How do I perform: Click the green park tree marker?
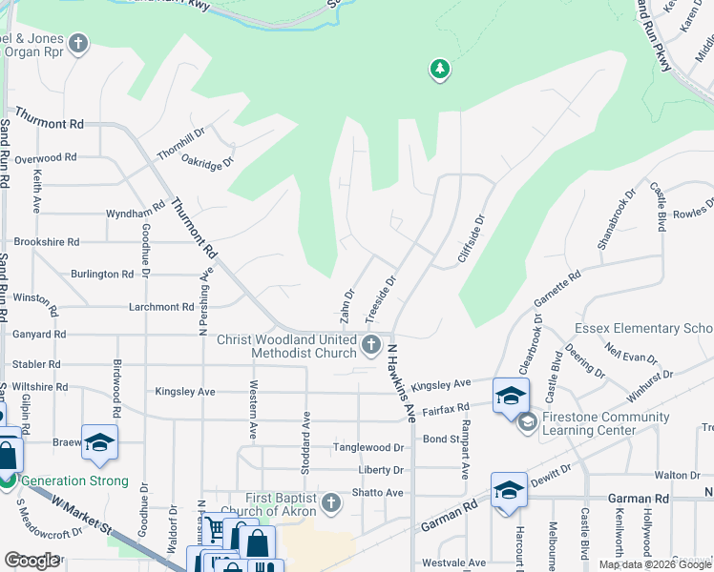pos(439,70)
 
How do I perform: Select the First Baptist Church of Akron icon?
pos(331,501)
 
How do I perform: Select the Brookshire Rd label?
pos(47,242)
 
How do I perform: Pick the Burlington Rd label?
pos(102,275)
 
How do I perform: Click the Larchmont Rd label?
pos(161,307)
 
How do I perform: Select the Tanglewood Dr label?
pos(368,448)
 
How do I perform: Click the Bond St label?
pos(442,439)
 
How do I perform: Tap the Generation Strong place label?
pos(74,481)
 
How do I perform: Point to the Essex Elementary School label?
pos(643,329)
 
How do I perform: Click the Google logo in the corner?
pos(31,561)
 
